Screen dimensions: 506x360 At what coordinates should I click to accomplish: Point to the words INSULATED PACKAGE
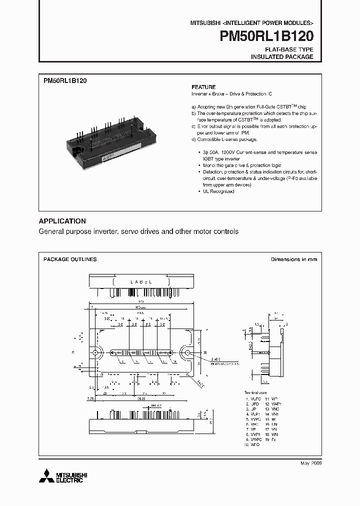tap(282, 57)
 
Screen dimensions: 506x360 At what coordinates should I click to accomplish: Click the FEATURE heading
tap(203, 86)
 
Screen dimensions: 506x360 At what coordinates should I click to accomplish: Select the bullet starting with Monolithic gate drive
tap(241, 165)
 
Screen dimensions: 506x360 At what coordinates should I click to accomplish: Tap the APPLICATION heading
tap(62, 221)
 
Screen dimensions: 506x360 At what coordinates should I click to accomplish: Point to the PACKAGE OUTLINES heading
tap(70, 259)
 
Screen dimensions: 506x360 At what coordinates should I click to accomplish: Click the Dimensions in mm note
tap(294, 259)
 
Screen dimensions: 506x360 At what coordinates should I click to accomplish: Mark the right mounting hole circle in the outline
tap(187, 353)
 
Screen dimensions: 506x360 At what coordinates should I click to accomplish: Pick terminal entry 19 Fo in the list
tap(270, 439)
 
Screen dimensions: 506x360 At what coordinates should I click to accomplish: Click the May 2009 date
tap(310, 463)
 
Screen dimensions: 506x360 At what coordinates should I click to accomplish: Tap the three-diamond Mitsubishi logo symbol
tap(46, 475)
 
